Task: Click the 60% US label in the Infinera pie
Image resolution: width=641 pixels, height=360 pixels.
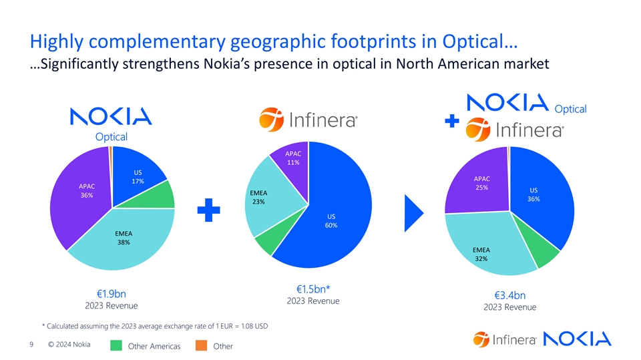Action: pos(331,220)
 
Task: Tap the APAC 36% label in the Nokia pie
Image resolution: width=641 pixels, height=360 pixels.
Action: pos(86,190)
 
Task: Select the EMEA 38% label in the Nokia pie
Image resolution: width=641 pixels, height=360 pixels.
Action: pos(124,238)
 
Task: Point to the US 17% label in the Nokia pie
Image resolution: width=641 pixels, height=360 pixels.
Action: pos(138,176)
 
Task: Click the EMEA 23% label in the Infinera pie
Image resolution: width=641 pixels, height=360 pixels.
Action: pos(258,197)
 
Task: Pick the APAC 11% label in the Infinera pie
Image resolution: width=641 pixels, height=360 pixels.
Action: pos(293,158)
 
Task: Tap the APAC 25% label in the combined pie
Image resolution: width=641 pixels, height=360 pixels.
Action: pos(481,183)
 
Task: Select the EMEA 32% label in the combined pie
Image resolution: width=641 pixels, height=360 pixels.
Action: pos(481,254)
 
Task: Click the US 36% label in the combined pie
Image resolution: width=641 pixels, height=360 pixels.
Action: pos(533,194)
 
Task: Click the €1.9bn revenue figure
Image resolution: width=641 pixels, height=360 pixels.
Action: pos(112,294)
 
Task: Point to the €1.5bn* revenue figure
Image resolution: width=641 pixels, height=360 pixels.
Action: pos(313,289)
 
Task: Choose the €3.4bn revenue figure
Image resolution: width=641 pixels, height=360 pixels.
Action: pos(510,295)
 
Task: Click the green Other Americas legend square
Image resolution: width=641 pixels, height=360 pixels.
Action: pos(116,345)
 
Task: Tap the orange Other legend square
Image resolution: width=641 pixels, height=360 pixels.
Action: pos(200,345)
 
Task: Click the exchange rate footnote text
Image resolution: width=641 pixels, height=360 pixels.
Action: pos(155,326)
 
